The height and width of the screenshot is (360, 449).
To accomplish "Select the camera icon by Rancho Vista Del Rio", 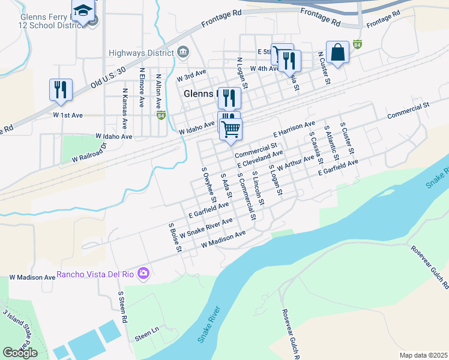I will (x=143, y=274).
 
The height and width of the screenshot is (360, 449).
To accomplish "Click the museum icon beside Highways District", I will (x=182, y=52).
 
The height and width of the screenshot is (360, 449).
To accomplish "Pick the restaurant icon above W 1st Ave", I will (x=61, y=90).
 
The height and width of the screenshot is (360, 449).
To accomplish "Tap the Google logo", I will (x=20, y=353).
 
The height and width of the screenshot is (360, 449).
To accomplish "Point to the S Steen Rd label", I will (x=122, y=308).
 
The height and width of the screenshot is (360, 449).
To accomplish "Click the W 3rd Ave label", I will (x=191, y=77).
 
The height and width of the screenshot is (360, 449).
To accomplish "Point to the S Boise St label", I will (x=175, y=238).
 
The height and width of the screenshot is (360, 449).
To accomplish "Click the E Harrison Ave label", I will (x=294, y=130).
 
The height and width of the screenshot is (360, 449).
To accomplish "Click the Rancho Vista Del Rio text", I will (x=96, y=275).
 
